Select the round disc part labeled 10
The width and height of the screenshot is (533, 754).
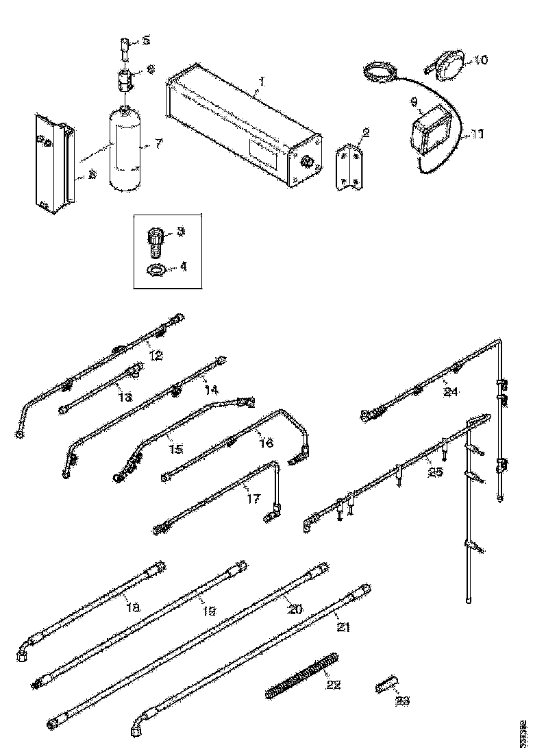(x=451, y=63)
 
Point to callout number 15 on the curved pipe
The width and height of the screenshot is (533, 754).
(x=176, y=448)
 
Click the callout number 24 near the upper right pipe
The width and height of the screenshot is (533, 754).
(x=450, y=393)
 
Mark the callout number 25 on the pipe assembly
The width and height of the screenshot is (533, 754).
(x=434, y=471)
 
